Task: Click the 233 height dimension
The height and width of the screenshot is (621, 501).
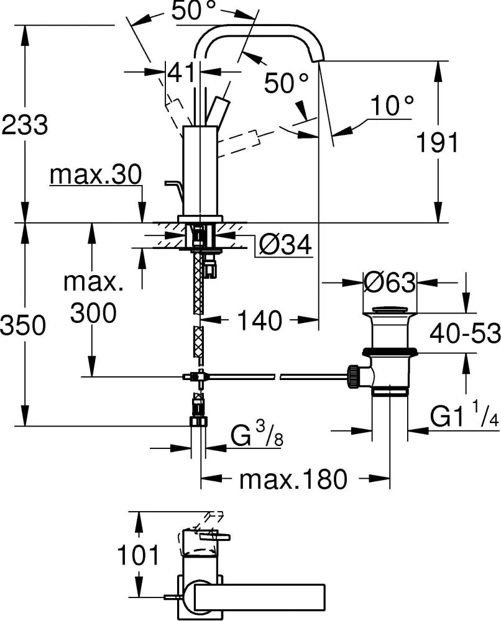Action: coord(24,125)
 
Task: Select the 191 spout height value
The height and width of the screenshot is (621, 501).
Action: coord(438,143)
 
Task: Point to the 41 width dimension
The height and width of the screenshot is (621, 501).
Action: coord(182,73)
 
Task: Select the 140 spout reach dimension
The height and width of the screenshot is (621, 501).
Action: coord(260,321)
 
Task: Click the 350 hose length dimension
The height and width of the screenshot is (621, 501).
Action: coord(24,325)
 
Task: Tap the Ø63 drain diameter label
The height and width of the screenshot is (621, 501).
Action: coord(389,283)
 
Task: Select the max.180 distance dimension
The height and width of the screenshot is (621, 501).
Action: coord(293,479)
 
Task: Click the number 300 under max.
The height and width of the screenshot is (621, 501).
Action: coord(93,314)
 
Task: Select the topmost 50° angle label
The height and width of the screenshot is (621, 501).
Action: coord(194,12)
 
